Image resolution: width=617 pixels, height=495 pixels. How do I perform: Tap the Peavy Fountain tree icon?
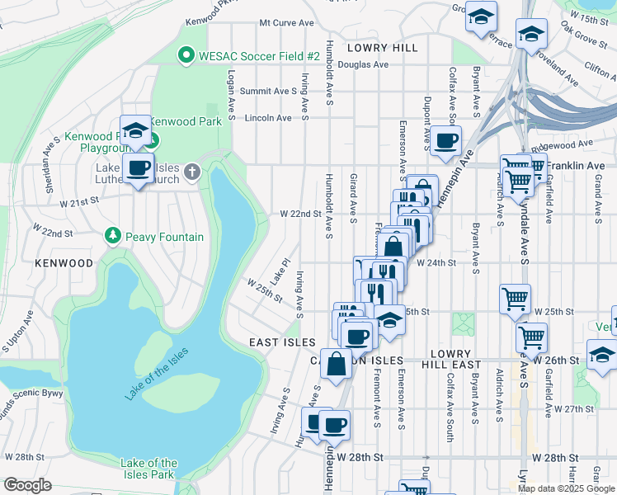tap(113, 237)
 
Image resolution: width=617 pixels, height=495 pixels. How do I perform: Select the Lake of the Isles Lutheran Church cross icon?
tap(192, 172)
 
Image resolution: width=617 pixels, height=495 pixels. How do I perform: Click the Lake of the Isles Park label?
tap(148, 469)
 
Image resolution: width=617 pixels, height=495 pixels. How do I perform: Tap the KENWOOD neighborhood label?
tap(64, 263)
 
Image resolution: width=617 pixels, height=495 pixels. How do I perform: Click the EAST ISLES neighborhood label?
tap(283, 342)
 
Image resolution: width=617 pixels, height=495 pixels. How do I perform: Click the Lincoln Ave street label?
tap(269, 118)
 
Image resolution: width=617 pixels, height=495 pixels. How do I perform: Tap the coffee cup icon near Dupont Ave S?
tap(445, 140)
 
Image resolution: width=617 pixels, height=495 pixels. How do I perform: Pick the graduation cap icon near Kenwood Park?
tap(135, 130)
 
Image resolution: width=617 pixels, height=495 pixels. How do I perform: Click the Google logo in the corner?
tap(27, 485)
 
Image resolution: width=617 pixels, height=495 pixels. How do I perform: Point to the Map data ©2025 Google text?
tap(566, 488)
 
